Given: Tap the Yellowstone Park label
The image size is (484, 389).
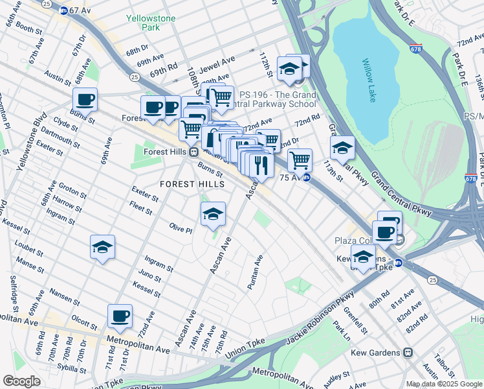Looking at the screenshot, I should pyautogui.click(x=151, y=23).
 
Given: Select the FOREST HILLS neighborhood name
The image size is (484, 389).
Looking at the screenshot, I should pyautogui.click(x=192, y=184).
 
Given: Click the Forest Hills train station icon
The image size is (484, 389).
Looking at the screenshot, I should pyautogui.click(x=193, y=152).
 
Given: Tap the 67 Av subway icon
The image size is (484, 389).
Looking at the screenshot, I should pyautogui.click(x=63, y=10).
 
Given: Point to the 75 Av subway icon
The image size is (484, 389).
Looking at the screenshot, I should pyautogui.click(x=307, y=176).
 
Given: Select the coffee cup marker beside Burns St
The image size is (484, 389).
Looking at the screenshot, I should pyautogui.click(x=85, y=100).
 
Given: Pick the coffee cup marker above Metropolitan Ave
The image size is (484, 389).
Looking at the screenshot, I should pyautogui.click(x=120, y=316).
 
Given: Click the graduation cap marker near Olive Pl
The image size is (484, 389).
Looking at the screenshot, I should pyautogui.click(x=212, y=215).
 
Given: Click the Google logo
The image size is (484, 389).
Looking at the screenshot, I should pyautogui.click(x=21, y=381).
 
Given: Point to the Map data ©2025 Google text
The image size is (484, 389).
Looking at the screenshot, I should pyautogui.click(x=444, y=384).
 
